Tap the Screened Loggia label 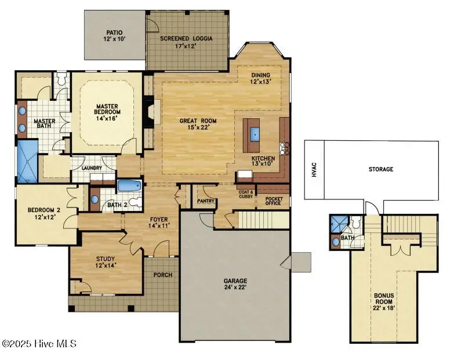tap(186, 42)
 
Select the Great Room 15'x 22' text tap(198, 124)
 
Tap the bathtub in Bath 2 tap(128, 186)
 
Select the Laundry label tap(92, 168)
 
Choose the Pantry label tap(206, 201)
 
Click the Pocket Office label tap(273, 201)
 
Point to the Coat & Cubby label tap(244, 195)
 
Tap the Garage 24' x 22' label tap(235, 283)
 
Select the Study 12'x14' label tap(105, 262)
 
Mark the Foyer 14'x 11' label tap(159, 223)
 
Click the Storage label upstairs tap(381, 169)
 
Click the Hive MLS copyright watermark tap(39, 344)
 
